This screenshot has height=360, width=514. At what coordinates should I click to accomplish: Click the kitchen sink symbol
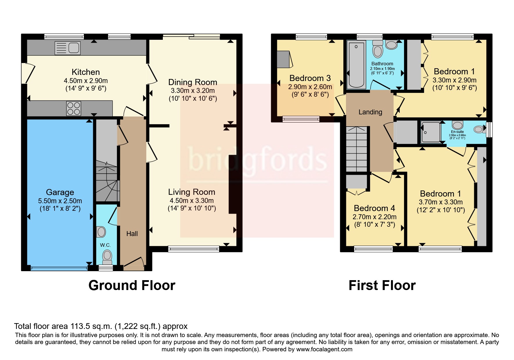[x=68, y=48]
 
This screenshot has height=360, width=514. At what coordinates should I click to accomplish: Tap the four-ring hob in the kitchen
[x=74, y=108]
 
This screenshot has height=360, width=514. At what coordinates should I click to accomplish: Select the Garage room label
[x=60, y=192]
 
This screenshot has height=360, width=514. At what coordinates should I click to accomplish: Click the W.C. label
[x=105, y=245]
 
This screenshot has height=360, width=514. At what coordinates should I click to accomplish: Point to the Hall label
[x=132, y=234]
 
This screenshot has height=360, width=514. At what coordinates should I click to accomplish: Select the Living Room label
[x=192, y=192]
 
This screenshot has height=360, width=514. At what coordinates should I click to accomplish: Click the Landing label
[x=370, y=112]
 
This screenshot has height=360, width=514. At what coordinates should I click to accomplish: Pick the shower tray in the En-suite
[x=431, y=132]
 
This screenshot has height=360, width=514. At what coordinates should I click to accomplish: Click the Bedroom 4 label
[x=374, y=208]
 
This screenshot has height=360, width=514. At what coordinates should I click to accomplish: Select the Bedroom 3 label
[x=310, y=78]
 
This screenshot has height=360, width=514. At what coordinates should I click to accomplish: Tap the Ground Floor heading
[x=132, y=285]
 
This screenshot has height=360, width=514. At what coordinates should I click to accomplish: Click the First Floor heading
[x=382, y=285]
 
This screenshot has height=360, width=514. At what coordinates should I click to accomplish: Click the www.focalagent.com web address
[x=324, y=349]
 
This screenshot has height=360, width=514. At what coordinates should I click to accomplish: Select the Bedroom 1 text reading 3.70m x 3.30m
[x=441, y=202]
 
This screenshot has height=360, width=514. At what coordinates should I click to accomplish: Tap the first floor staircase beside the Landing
[x=357, y=149]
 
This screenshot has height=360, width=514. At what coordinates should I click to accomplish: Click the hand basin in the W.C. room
[x=101, y=232]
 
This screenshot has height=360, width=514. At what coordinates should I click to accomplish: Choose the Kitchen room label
[x=86, y=72]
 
